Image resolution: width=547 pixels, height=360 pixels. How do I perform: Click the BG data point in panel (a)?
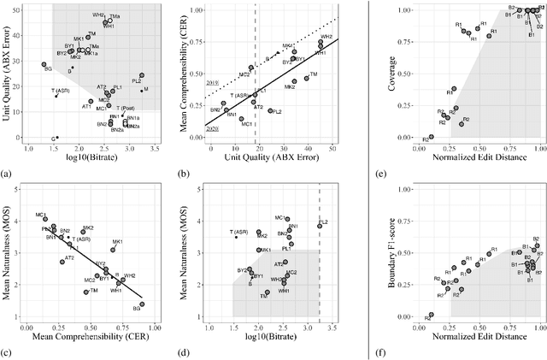(x=44, y=64)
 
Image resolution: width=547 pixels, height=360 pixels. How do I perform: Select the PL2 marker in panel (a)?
(x=141, y=75)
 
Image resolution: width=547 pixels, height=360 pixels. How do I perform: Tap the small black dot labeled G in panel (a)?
(x=57, y=138)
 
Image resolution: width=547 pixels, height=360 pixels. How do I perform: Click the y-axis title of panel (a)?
(x=7, y=74)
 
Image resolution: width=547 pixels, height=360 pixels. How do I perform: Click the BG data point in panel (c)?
(x=142, y=304)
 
